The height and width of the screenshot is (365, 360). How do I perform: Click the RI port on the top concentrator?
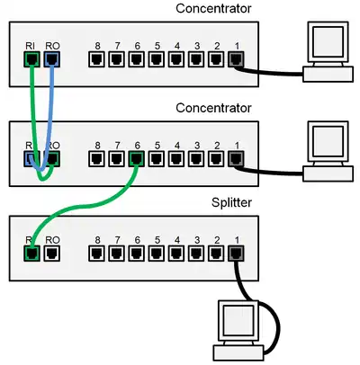[x=31, y=59]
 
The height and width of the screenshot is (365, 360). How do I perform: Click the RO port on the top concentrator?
[x=51, y=59]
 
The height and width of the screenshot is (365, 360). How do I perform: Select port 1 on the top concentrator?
[x=236, y=59]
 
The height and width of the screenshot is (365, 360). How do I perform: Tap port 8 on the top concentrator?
[x=96, y=59]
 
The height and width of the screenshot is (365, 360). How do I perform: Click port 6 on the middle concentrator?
[x=136, y=159]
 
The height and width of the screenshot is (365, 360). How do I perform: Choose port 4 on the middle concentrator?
[x=176, y=159]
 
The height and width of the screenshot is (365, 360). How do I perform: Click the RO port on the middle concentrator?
[x=51, y=159]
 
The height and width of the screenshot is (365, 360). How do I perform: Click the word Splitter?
[x=231, y=203]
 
